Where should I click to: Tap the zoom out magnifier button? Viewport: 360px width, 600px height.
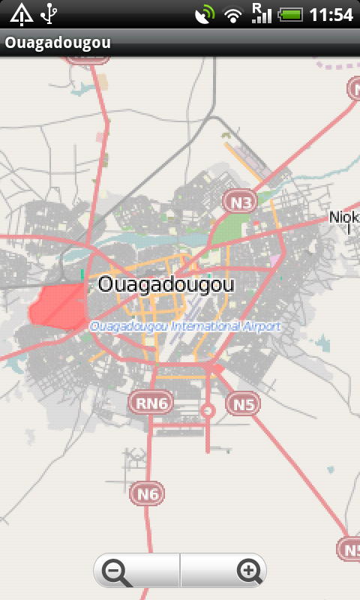click(x=116, y=572)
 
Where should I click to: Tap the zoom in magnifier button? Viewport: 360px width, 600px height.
click(x=248, y=572)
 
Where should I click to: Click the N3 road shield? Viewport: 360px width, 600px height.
click(x=240, y=201)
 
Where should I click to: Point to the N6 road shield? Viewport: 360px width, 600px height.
click(x=148, y=493)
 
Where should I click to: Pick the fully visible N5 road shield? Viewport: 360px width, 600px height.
click(x=243, y=404)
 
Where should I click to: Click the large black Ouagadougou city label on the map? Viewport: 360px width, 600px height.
click(x=166, y=286)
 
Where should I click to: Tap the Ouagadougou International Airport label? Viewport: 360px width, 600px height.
click(x=184, y=327)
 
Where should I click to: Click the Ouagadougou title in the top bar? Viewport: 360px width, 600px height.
click(x=58, y=43)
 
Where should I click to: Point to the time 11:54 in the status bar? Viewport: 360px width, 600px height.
click(x=331, y=14)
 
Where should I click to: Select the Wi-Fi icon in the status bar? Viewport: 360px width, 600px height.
click(x=234, y=14)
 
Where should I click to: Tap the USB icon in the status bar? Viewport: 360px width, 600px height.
click(x=49, y=14)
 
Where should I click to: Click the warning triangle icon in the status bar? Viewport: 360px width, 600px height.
click(x=21, y=14)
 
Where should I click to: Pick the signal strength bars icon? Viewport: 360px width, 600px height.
click(x=260, y=13)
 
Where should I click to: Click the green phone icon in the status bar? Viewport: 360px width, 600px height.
click(x=204, y=14)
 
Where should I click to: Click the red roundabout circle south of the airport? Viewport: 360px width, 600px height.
click(x=208, y=410)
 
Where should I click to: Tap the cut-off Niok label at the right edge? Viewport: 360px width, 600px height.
click(x=344, y=217)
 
